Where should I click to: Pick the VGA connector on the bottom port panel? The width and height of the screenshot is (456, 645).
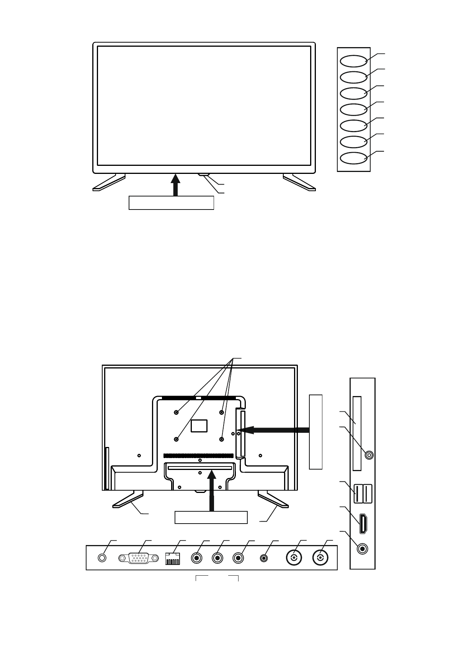pyautogui.click(x=138, y=558)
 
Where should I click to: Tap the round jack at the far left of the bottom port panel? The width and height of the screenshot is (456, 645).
pyautogui.click(x=102, y=558)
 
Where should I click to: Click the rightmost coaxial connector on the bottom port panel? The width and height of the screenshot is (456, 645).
pyautogui.click(x=320, y=558)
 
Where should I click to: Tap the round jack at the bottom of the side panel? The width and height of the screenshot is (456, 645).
pyautogui.click(x=362, y=549)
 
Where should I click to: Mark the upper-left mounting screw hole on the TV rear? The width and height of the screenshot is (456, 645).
pyautogui.click(x=176, y=412)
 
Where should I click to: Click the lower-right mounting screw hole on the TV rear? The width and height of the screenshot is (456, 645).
pyautogui.click(x=222, y=439)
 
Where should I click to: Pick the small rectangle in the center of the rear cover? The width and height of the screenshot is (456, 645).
pyautogui.click(x=199, y=425)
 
